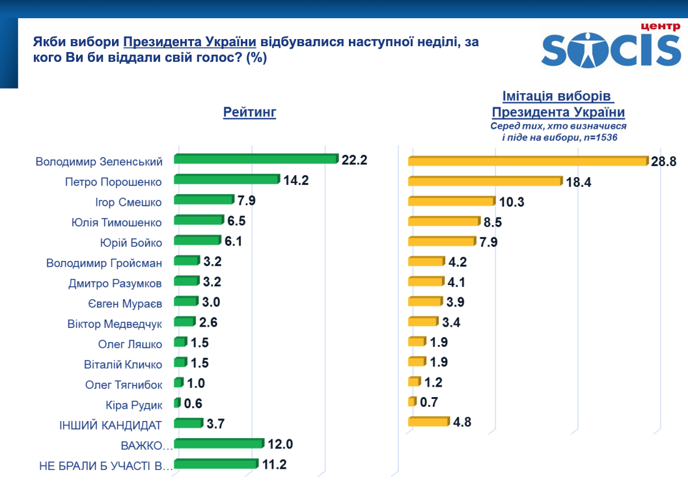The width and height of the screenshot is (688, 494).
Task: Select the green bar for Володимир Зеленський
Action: pyautogui.click(x=256, y=159)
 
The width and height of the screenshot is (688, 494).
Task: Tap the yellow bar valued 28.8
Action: pyautogui.click(x=528, y=161)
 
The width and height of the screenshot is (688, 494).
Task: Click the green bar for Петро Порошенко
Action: pyautogui.click(x=227, y=180)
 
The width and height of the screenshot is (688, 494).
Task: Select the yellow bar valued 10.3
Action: pyautogui.click(x=450, y=202)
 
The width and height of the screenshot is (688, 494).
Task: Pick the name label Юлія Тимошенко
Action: pyautogui.click(x=117, y=222)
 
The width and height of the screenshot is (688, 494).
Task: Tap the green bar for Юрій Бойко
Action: pyautogui.click(x=198, y=241)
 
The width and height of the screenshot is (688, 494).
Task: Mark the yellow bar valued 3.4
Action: pyautogui.click(x=423, y=322)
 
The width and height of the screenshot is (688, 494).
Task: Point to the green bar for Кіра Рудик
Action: pyautogui.click(x=177, y=403)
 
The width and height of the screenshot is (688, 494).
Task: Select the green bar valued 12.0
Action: pyautogui.click(x=219, y=444)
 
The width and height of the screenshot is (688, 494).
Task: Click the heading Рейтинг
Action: pyautogui.click(x=250, y=113)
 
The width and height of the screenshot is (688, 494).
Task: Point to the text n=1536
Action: pyautogui.click(x=598, y=138)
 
